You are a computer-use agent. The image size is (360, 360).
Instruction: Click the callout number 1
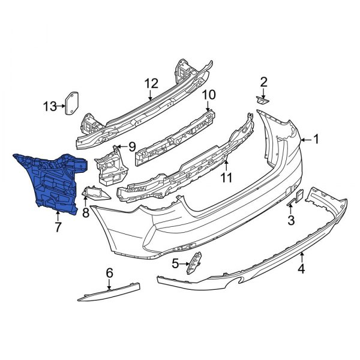(x=316, y=140)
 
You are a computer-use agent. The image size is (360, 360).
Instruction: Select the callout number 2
(x=263, y=82)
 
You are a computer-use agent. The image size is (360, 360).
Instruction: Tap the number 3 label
(x=291, y=220)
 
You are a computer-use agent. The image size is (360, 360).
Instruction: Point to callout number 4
(x=301, y=269)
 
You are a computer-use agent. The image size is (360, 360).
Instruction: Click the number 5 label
(x=176, y=263)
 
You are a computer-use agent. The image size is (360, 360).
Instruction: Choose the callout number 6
(x=109, y=273)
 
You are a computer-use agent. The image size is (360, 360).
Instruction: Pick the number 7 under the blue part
(x=58, y=227)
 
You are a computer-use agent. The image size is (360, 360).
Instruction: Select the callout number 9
(x=132, y=146)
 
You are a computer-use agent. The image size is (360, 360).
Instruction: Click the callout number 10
(x=208, y=94)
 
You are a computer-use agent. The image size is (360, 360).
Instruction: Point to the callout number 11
(x=226, y=177)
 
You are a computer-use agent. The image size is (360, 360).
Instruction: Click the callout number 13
(x=50, y=107)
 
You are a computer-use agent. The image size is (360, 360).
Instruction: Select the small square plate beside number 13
(x=73, y=103)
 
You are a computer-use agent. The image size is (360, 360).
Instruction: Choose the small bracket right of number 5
(x=195, y=263)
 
